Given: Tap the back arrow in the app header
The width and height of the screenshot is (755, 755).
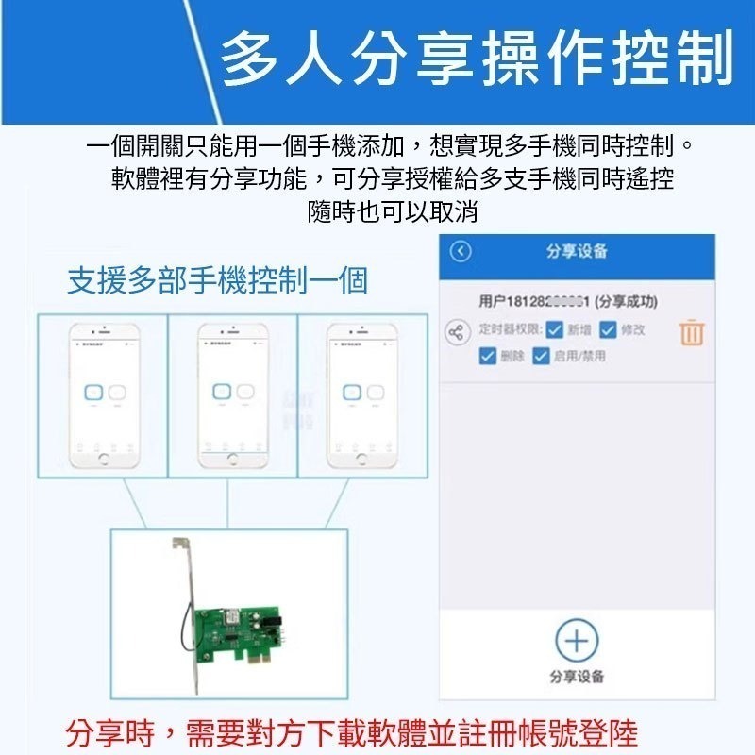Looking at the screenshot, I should (461, 252).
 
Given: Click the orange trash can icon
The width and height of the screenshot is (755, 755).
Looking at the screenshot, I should (692, 332).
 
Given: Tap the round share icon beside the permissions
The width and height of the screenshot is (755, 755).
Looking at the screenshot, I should (457, 332).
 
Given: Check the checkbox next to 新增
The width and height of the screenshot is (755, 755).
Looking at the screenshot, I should (554, 329).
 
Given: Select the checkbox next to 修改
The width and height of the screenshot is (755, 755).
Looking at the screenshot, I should (608, 329).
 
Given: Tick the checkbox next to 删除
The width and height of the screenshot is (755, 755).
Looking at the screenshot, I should (487, 356).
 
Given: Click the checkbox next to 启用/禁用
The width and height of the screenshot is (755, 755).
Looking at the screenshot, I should (541, 356).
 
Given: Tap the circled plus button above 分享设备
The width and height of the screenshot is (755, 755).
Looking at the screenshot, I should (577, 642).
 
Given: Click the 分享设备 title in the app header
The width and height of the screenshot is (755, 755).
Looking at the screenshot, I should (577, 252).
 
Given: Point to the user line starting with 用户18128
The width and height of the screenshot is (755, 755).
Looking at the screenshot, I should (568, 301).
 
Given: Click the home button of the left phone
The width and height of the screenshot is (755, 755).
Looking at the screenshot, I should (104, 460).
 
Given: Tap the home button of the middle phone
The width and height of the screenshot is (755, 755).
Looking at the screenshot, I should (232, 460).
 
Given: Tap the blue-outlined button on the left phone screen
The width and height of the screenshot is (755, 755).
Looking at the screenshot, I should (92, 393).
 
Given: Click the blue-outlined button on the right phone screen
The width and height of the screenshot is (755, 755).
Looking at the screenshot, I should (351, 393).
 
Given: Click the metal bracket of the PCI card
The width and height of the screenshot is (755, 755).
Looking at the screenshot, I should (186, 604).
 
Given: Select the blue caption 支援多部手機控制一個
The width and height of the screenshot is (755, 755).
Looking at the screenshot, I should (217, 281).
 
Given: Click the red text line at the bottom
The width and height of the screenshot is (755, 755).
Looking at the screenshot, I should (352, 731).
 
